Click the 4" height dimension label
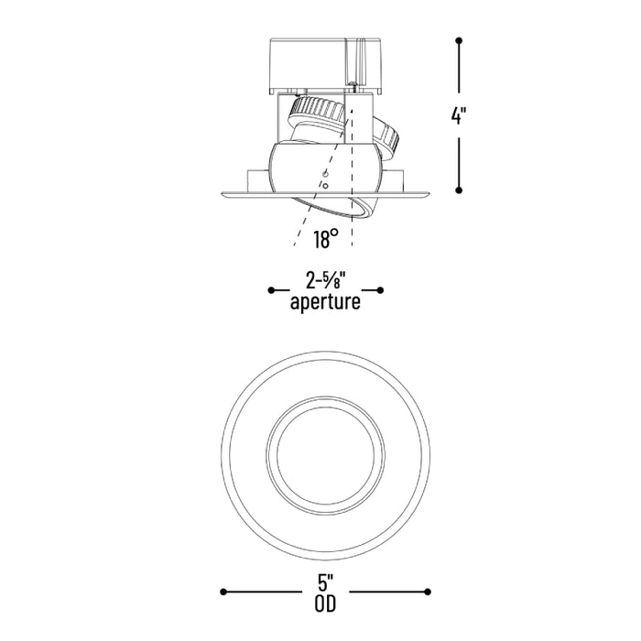tap(458, 115)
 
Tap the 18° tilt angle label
tap(326, 239)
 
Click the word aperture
tap(325, 302)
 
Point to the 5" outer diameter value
tap(325, 583)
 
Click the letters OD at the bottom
tap(325, 604)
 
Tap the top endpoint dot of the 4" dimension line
tap(459, 40)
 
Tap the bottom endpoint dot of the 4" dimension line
tap(459, 190)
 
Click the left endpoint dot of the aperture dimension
tap(271, 290)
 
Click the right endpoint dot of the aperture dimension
tap(380, 290)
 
